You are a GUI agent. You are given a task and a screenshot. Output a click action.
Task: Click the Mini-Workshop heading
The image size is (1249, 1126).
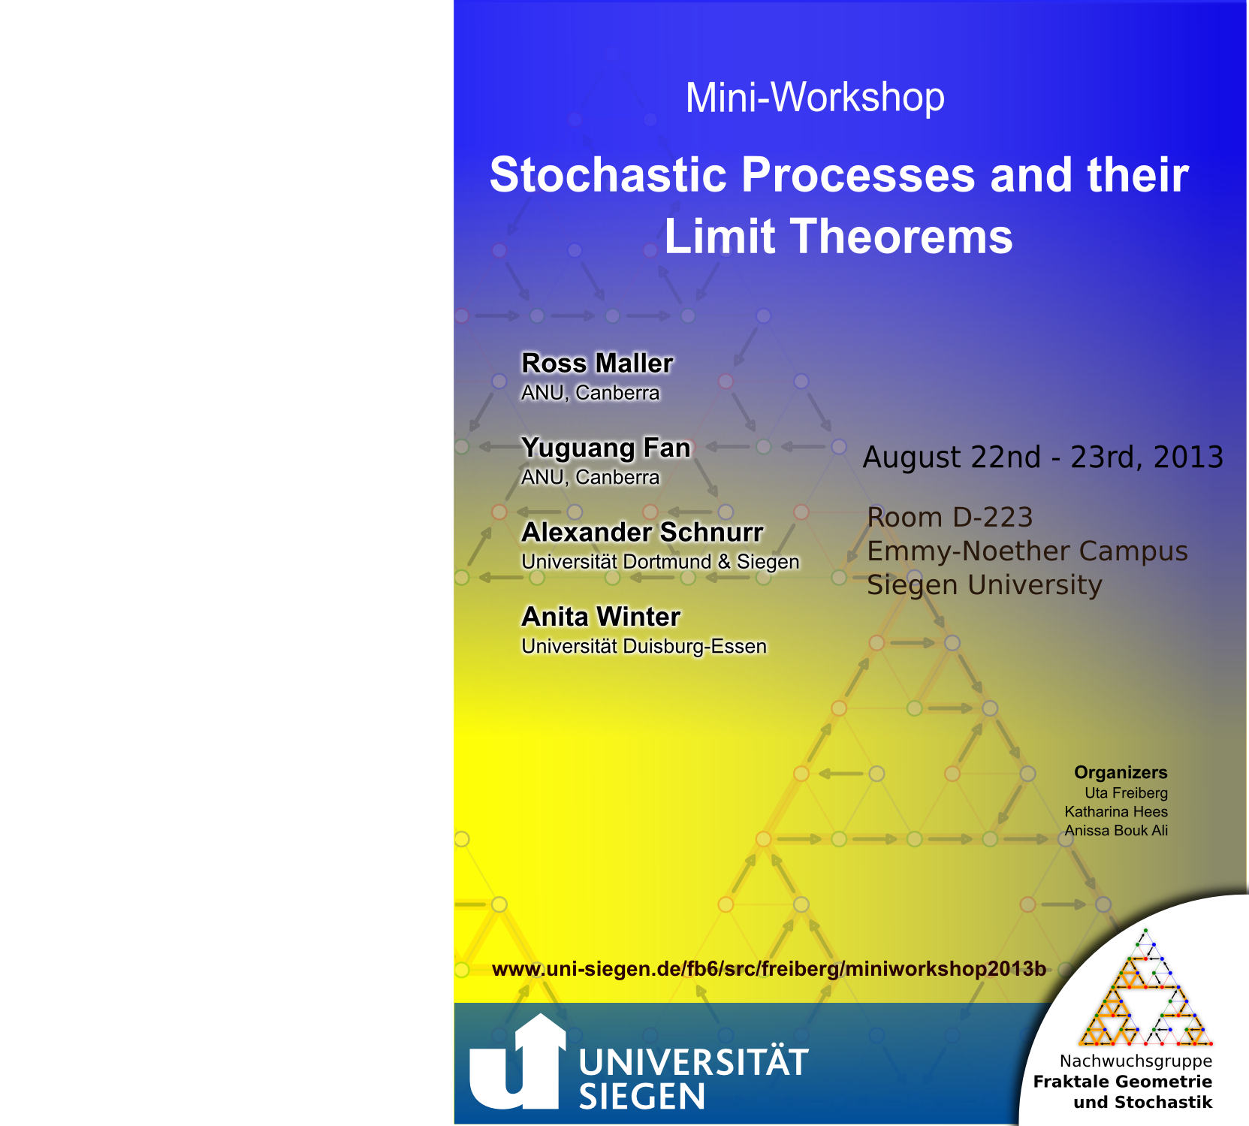(815, 98)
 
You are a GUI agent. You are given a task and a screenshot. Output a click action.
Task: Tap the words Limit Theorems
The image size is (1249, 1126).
(838, 237)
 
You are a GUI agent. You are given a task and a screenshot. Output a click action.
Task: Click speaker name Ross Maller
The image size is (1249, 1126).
(597, 363)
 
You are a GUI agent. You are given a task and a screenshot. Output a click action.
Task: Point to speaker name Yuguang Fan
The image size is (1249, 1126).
(605, 448)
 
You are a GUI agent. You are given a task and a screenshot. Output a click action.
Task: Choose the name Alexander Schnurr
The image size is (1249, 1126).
(642, 532)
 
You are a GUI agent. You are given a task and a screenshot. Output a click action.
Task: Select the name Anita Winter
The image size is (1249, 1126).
(601, 617)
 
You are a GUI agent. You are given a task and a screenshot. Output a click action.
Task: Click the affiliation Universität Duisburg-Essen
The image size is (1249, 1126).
(644, 647)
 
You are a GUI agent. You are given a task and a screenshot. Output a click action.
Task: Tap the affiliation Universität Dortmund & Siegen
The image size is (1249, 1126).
(660, 562)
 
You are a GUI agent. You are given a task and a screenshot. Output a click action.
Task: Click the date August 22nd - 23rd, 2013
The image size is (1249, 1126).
(1043, 457)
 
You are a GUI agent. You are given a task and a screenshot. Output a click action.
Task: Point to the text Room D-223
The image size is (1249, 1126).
(950, 518)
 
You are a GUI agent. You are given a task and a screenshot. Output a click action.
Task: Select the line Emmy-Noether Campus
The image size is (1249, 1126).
(1027, 551)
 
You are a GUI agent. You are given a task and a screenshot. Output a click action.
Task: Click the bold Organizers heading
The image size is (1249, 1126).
(1121, 772)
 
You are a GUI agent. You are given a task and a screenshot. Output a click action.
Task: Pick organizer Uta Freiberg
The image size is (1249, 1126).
(1126, 792)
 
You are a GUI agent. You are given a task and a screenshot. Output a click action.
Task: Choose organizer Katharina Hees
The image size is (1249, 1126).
(1116, 811)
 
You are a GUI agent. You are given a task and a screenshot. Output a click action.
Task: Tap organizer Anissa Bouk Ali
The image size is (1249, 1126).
(1116, 830)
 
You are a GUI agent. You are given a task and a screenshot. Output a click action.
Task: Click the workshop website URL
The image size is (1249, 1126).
(768, 969)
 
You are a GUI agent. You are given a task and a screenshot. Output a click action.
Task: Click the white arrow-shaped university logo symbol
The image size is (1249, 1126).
(517, 1062)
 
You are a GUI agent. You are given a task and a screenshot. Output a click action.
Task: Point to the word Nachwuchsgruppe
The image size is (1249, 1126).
(1136, 1061)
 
